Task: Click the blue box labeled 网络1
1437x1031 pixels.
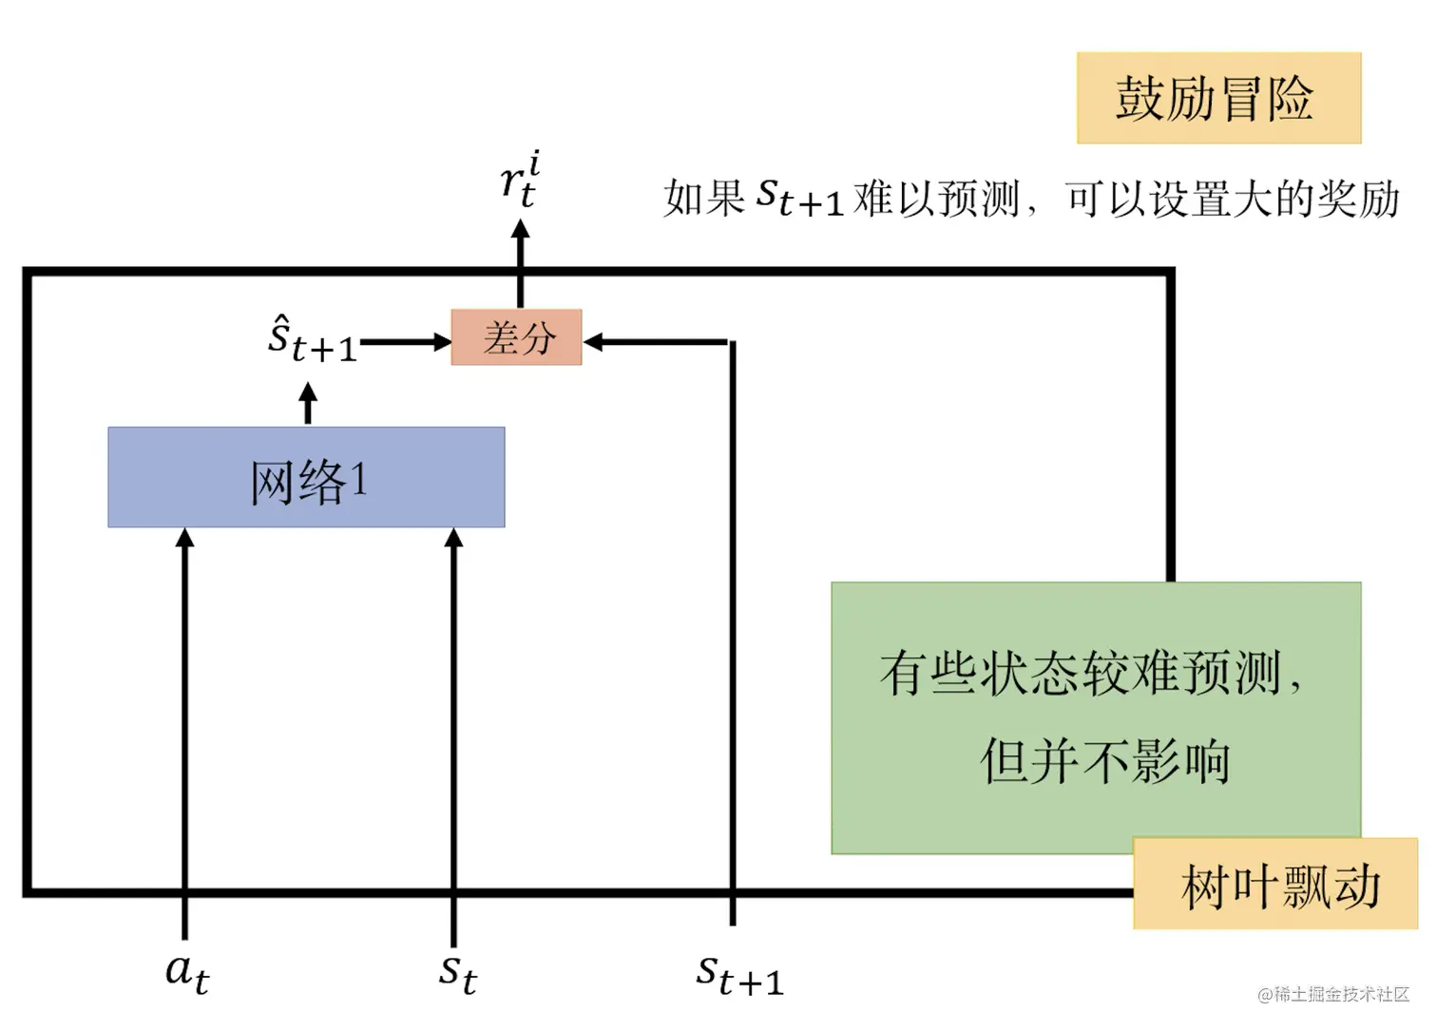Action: pos(306,477)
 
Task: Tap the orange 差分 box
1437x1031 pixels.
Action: pos(516,337)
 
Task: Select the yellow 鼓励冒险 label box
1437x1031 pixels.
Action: pos(1218,98)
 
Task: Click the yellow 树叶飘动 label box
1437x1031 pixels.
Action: pos(1275,885)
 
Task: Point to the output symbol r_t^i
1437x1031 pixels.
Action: pos(520,180)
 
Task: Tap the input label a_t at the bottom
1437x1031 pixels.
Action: pos(186,971)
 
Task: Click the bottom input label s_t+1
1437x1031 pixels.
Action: pos(739,975)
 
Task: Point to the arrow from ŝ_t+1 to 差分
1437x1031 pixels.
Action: pos(404,341)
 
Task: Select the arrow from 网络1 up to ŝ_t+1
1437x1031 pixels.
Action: pos(307,403)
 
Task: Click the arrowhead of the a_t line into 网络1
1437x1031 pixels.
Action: pos(185,539)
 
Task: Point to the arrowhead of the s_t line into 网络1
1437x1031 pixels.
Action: pos(454,539)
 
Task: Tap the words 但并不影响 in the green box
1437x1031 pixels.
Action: pos(1104,761)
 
